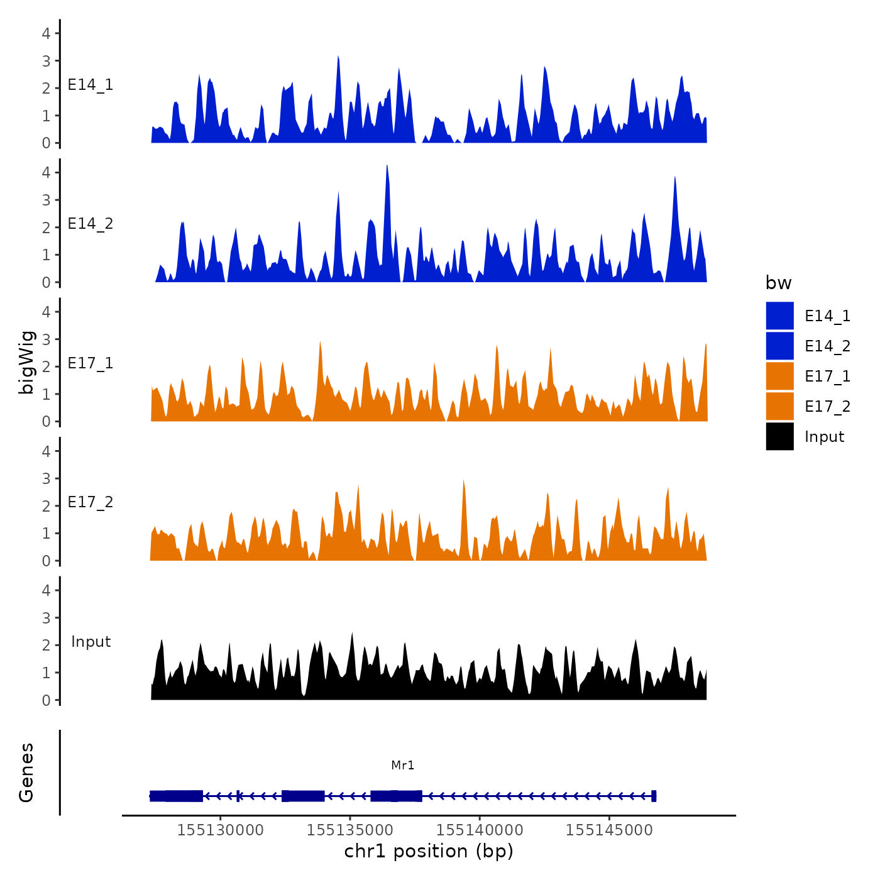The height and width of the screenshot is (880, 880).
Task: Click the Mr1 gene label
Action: (402, 765)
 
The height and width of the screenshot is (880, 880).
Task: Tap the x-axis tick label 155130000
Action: (220, 830)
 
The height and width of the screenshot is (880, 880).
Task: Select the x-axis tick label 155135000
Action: (349, 830)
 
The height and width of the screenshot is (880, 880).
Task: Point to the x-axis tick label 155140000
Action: (480, 830)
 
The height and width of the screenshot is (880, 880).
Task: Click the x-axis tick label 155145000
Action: (609, 830)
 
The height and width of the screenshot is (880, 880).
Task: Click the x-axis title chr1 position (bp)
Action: (429, 851)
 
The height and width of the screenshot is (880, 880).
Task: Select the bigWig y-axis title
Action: (26, 362)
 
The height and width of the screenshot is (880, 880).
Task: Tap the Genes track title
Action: (26, 773)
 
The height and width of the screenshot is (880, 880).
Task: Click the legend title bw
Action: (778, 283)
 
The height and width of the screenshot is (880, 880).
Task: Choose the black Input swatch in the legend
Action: (779, 436)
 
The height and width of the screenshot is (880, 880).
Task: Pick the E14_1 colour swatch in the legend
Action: (779, 316)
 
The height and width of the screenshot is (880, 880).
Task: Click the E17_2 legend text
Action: (827, 407)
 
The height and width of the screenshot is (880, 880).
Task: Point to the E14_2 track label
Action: (91, 224)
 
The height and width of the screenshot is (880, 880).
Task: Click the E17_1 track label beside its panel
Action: (91, 363)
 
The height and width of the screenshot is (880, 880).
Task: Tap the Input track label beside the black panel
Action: (91, 642)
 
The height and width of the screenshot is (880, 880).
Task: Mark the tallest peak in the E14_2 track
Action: (387, 166)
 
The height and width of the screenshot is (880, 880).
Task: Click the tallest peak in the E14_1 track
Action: (338, 57)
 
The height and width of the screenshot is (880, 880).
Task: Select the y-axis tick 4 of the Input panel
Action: (46, 590)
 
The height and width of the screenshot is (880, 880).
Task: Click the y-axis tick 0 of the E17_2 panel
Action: (46, 561)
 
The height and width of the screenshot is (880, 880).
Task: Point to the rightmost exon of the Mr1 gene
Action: (654, 796)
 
